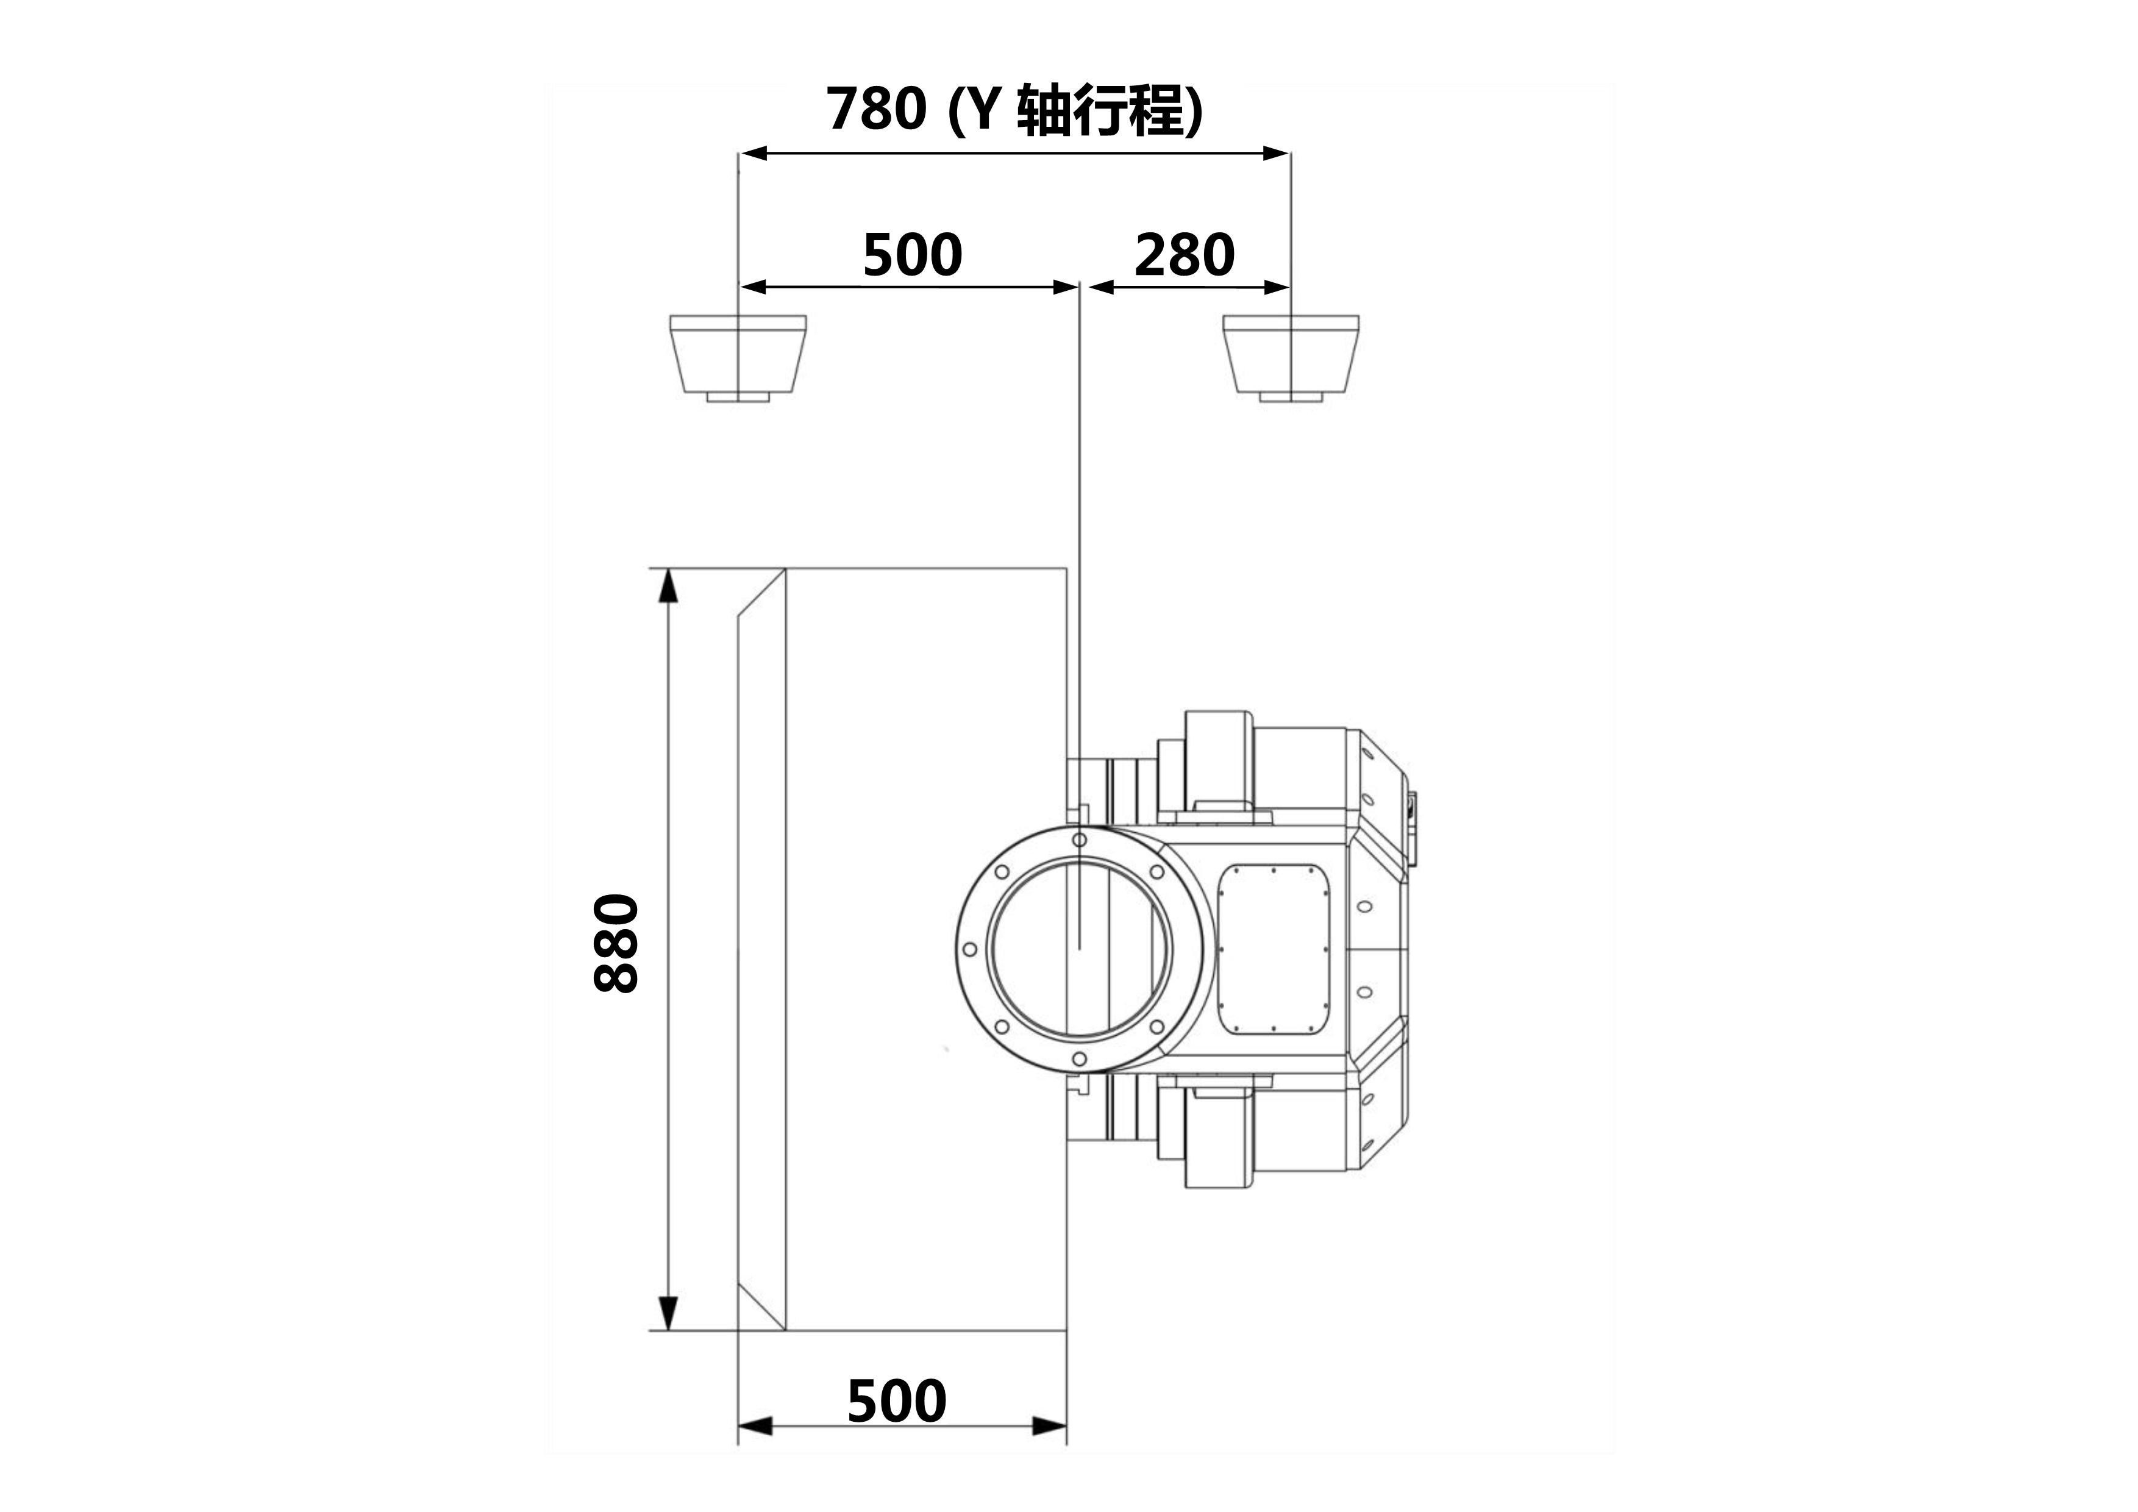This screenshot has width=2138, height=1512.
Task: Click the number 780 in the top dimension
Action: click(x=876, y=109)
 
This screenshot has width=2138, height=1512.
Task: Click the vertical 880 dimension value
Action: click(x=616, y=943)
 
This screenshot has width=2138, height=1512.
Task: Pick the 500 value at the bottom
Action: click(x=897, y=1401)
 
